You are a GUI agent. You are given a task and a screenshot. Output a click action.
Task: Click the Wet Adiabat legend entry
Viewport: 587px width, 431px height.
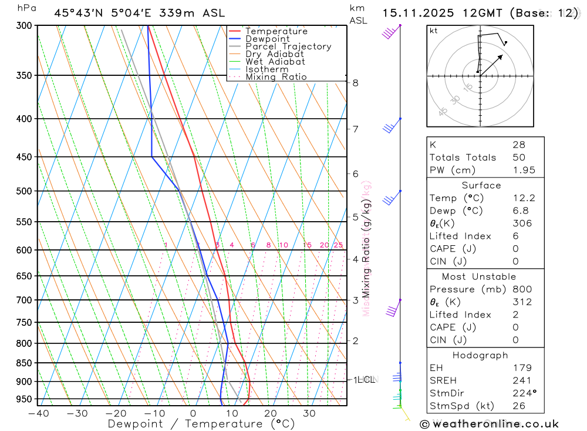click(x=275, y=62)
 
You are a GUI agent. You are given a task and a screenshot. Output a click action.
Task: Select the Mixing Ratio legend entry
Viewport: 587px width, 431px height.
click(x=276, y=77)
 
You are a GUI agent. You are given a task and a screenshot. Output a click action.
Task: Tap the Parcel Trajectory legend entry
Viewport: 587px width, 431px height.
click(x=288, y=46)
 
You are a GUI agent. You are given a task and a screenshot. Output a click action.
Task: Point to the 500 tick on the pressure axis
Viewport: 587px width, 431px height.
click(x=24, y=191)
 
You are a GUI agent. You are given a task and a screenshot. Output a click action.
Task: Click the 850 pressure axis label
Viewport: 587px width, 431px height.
click(x=24, y=363)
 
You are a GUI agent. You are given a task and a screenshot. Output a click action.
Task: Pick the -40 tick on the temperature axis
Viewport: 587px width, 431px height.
click(x=39, y=413)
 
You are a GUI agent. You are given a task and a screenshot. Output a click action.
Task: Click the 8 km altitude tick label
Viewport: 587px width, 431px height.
click(x=356, y=83)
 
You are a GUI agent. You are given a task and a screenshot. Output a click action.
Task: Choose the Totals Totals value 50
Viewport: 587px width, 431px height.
click(x=518, y=157)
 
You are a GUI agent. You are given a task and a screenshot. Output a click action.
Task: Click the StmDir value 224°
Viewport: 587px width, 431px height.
click(x=522, y=393)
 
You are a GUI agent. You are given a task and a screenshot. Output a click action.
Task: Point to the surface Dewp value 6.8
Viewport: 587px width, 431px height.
click(x=519, y=211)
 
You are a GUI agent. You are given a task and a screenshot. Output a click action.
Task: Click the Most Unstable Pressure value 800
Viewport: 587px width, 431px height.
click(x=522, y=289)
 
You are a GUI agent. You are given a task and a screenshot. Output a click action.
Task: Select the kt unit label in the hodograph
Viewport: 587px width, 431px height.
click(x=434, y=31)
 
